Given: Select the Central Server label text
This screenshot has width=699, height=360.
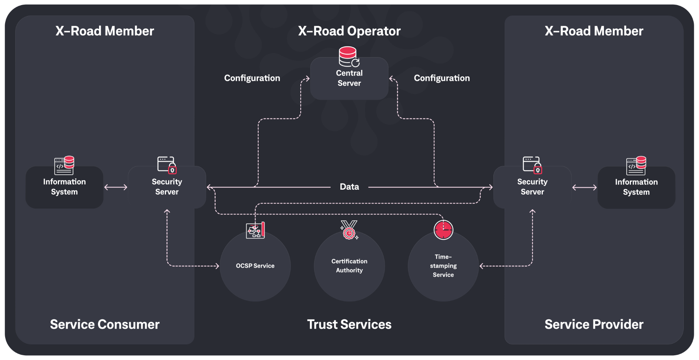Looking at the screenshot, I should (349, 78).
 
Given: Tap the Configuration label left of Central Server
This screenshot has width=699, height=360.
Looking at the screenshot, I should (252, 78).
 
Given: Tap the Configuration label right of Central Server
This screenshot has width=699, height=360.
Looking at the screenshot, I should (442, 78).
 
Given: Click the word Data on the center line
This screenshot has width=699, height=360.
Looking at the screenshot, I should (349, 187).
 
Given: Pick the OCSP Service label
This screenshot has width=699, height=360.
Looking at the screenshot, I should (255, 266).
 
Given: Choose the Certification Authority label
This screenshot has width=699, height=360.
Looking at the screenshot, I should (349, 266).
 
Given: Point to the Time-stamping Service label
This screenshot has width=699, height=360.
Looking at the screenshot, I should (443, 266).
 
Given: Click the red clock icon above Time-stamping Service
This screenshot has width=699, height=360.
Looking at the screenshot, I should (443, 230).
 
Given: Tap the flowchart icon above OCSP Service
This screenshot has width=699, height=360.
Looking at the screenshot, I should (255, 230).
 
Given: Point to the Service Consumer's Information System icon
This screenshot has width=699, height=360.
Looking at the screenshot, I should (64, 165).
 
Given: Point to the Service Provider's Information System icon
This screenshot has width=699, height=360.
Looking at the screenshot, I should (636, 166).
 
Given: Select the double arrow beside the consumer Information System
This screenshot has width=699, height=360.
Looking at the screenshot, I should (116, 187).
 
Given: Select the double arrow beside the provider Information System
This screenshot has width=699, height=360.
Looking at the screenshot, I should (584, 187).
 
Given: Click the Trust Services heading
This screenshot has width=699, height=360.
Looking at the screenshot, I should (349, 324).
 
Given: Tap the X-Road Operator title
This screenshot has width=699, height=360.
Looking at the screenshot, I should (349, 31).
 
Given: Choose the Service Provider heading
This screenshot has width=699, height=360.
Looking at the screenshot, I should (594, 324).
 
